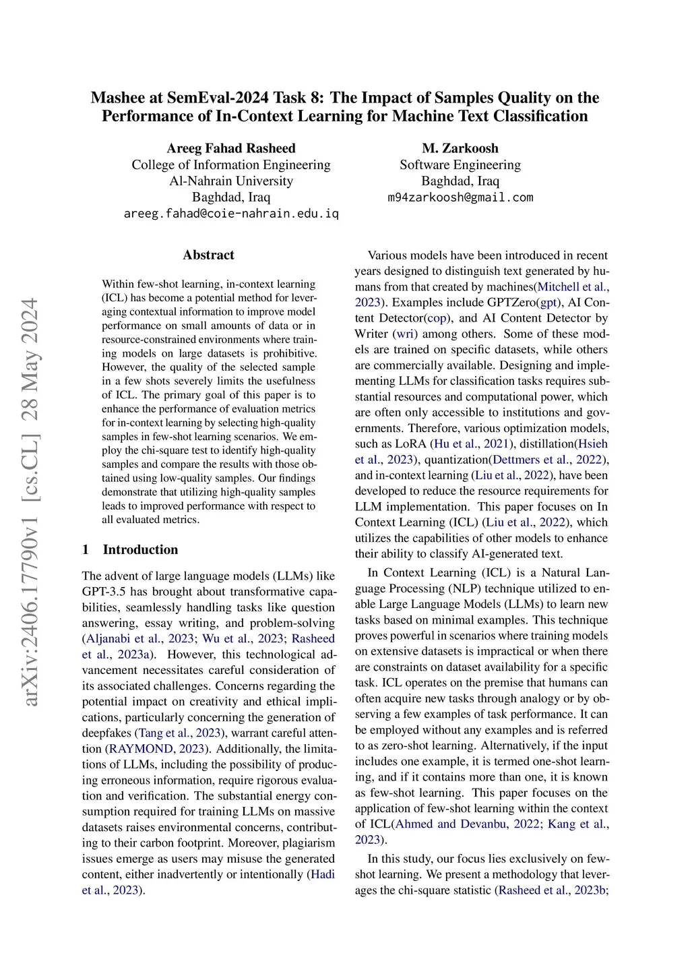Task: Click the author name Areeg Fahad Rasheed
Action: (x=231, y=148)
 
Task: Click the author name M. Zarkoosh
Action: (x=460, y=148)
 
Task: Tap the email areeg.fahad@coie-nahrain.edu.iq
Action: (x=231, y=214)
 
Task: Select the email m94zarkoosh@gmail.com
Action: (x=460, y=197)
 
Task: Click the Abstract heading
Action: (x=208, y=255)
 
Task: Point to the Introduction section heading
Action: (x=140, y=549)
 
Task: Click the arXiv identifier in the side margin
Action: (x=30, y=502)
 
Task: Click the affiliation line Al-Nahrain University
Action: (x=231, y=181)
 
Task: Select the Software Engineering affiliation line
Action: (x=460, y=164)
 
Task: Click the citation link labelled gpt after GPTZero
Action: (x=549, y=303)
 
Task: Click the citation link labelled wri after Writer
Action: (x=405, y=334)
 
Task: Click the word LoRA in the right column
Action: (x=412, y=444)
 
